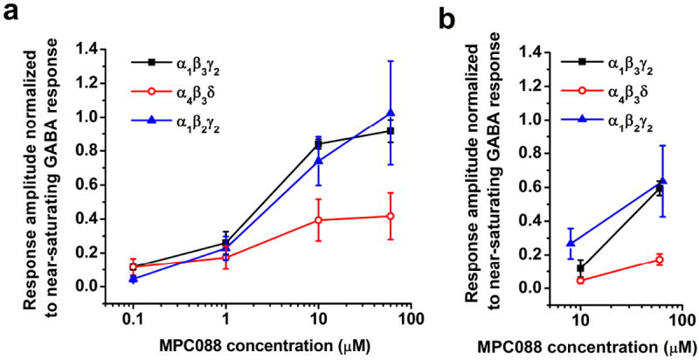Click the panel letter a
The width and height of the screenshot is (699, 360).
(12, 15)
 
